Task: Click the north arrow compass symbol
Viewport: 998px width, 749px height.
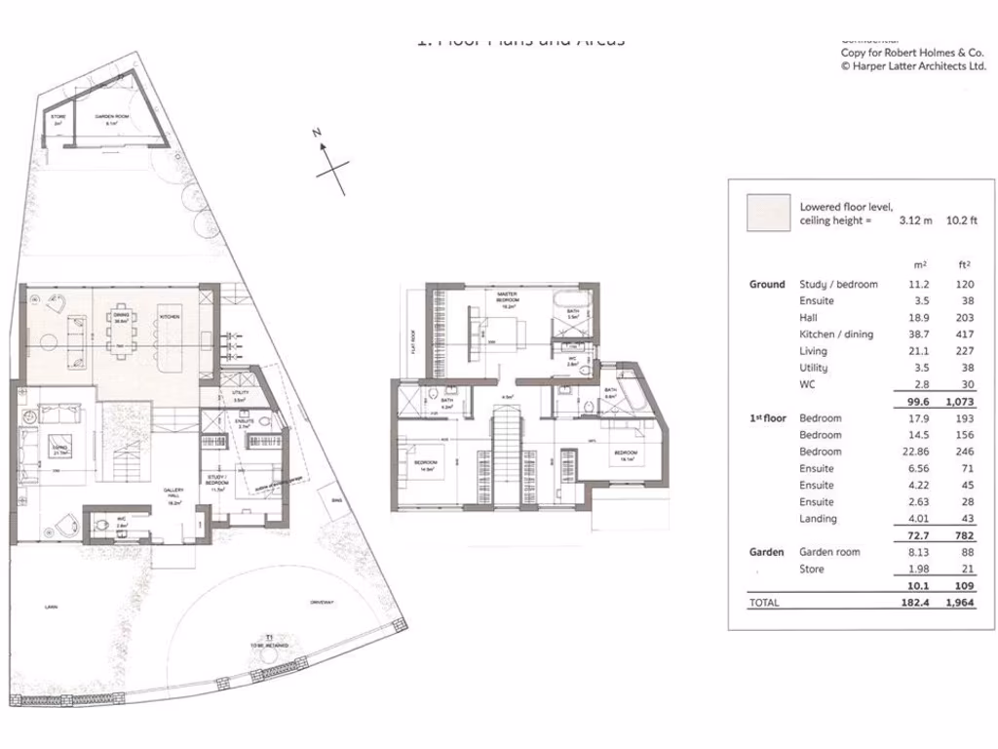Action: coord(331,166)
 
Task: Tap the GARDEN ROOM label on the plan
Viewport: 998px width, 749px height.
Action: coord(107,117)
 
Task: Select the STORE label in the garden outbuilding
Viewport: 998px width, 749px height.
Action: coord(58,117)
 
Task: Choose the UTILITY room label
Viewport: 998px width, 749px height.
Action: coord(240,392)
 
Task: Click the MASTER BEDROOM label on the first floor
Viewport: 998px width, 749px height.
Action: coord(507,296)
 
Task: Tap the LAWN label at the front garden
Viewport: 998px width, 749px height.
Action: coord(51,606)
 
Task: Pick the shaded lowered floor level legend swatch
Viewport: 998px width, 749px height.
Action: coord(768,214)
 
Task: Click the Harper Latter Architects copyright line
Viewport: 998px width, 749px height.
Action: coord(913,66)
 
